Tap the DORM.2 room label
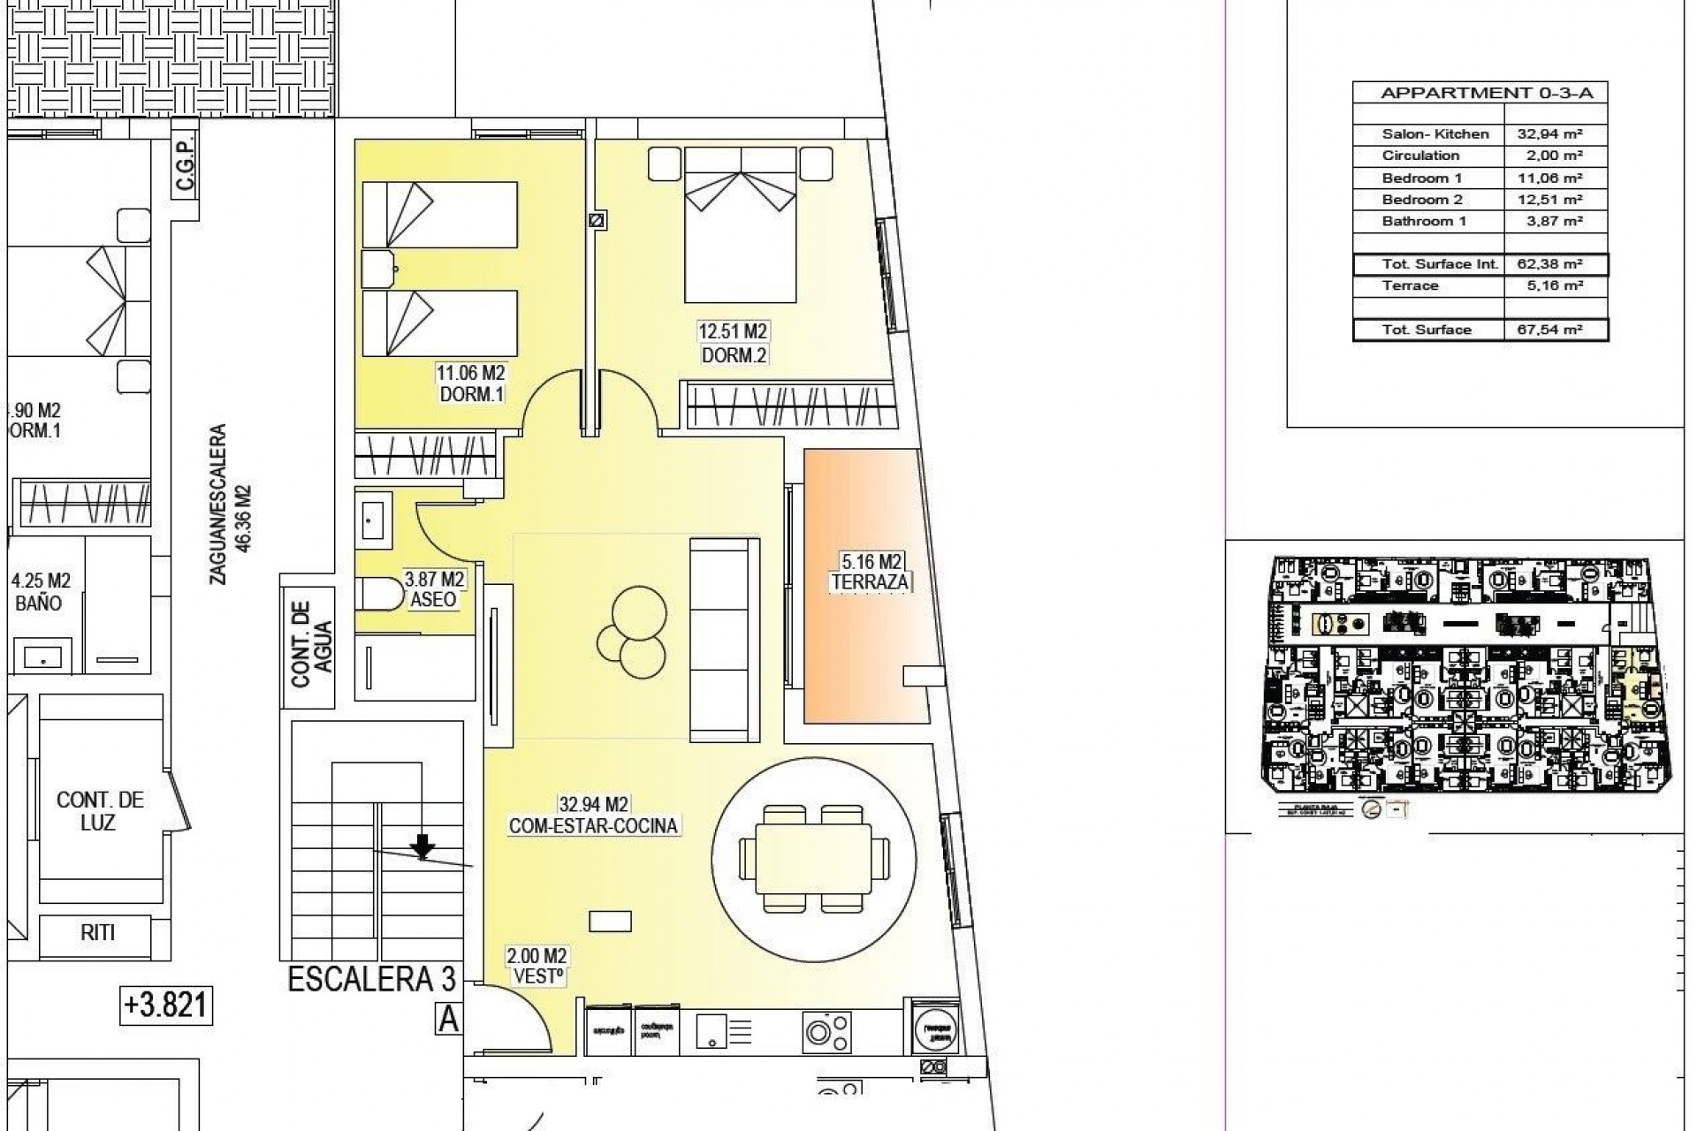[733, 354]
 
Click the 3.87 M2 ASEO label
[434, 589]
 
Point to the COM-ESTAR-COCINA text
[593, 826]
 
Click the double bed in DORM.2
[741, 225]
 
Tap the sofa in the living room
[724, 640]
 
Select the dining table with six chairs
[814, 858]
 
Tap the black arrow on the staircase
[423, 846]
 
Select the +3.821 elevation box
[166, 1006]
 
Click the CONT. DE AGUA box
[308, 642]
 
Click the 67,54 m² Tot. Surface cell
[1556, 330]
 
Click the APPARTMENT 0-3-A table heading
[1480, 93]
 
